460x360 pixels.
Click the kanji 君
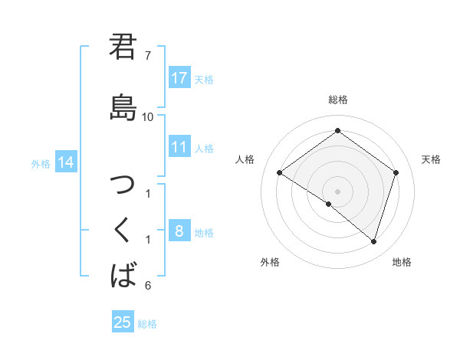[123, 48]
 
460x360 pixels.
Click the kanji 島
[123, 107]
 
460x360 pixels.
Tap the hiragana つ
[123, 186]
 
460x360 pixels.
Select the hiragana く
[123, 230]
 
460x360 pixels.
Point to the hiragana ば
[123, 273]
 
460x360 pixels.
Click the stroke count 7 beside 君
[147, 56]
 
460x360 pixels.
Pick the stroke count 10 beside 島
[148, 116]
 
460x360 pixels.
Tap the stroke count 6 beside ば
[147, 286]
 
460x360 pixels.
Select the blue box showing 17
[179, 78]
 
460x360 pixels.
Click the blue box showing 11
[179, 147]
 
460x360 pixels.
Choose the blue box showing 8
[179, 231]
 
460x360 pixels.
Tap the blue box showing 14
[66, 162]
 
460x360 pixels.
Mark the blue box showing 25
[123, 322]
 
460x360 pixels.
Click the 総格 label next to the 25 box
[148, 324]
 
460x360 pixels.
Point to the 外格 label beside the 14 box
[41, 163]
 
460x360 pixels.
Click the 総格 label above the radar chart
[337, 100]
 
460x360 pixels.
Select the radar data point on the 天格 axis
[396, 172]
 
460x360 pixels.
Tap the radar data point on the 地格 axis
[373, 242]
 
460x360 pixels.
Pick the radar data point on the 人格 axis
[280, 173]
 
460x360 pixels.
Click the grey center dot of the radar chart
[337, 191]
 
